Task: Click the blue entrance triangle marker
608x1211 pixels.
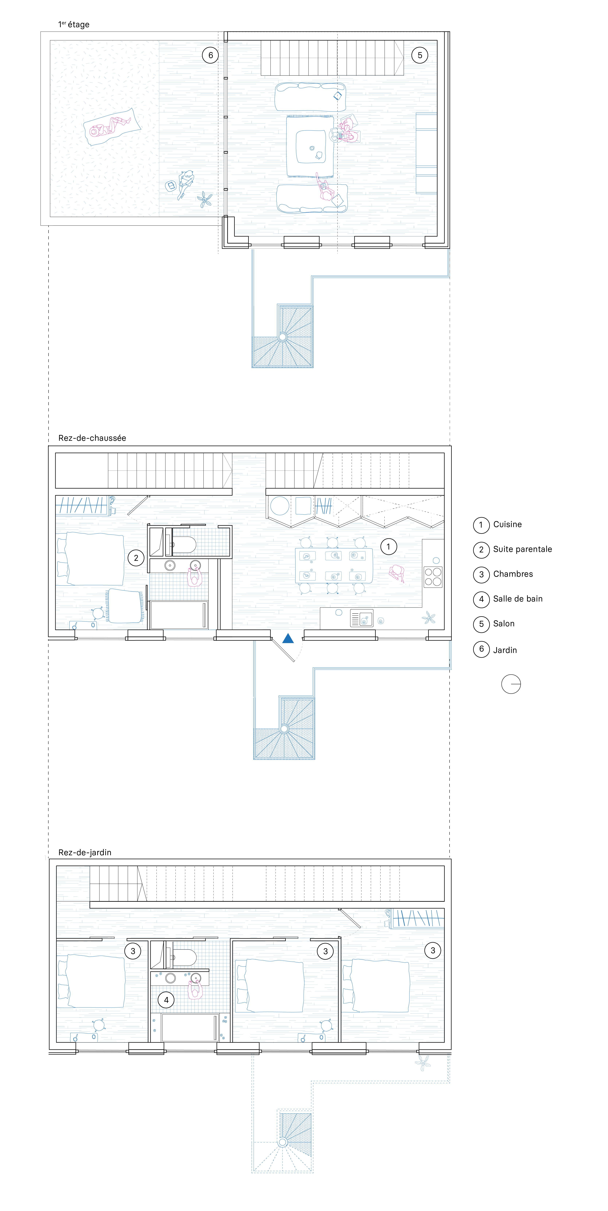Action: click(x=288, y=638)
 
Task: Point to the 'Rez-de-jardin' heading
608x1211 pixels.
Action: click(x=85, y=852)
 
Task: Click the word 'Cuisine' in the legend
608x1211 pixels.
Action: click(x=508, y=524)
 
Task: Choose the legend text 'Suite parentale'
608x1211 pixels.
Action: click(x=522, y=549)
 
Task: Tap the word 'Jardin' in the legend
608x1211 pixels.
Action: click(x=505, y=650)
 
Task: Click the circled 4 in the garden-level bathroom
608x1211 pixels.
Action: click(x=166, y=1000)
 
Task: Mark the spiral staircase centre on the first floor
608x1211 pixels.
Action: click(x=282, y=337)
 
